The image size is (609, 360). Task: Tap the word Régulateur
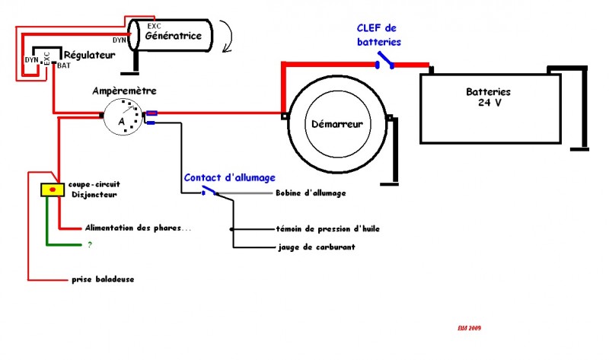click(90, 55)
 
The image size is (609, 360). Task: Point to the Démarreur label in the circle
click(336, 123)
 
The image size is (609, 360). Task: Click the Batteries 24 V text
click(489, 97)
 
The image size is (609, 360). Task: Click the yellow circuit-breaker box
click(52, 190)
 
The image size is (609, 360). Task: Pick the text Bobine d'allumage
click(311, 193)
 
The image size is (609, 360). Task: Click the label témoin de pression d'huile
click(328, 228)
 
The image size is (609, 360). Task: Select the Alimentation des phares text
click(127, 228)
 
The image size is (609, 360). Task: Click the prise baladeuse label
click(104, 279)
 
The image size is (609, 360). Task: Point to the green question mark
click(89, 245)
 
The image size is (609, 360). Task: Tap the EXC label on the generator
click(154, 25)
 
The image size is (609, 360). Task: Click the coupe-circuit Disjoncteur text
click(91, 188)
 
